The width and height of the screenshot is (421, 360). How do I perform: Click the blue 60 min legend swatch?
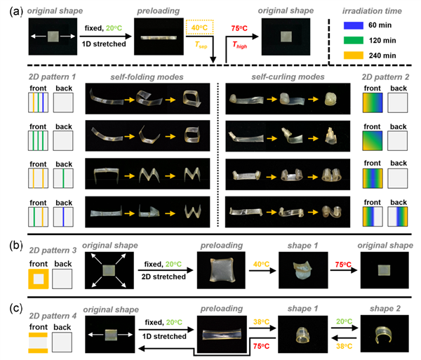pyautogui.click(x=354, y=25)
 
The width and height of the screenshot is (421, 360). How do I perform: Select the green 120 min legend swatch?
pyautogui.click(x=354, y=40)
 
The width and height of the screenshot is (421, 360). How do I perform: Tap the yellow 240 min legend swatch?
pyautogui.click(x=354, y=55)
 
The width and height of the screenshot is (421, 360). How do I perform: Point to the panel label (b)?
pyautogui.click(x=16, y=246)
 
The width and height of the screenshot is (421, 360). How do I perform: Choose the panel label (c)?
pyautogui.click(x=16, y=308)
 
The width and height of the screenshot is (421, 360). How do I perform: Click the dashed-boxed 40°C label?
pyautogui.click(x=199, y=27)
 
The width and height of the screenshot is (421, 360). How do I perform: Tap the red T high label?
pyautogui.click(x=239, y=45)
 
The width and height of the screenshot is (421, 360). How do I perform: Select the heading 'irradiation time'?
pyautogui.click(x=372, y=11)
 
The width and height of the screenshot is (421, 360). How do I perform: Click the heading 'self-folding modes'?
pyautogui.click(x=147, y=77)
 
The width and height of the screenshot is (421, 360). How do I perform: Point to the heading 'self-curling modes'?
pyautogui.click(x=288, y=77)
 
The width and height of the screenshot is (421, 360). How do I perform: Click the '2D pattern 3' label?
pyautogui.click(x=53, y=251)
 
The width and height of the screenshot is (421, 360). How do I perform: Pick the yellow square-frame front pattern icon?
pyautogui.click(x=39, y=279)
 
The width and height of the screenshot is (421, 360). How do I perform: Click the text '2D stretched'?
pyautogui.click(x=163, y=276)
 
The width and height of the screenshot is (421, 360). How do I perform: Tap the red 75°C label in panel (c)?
pyautogui.click(x=261, y=346)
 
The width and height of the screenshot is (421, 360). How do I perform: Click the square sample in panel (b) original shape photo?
pyautogui.click(x=109, y=270)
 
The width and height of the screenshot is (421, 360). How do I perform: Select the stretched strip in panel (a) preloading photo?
pyautogui.click(x=159, y=38)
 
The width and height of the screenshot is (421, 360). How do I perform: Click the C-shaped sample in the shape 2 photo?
pyautogui.click(x=385, y=334)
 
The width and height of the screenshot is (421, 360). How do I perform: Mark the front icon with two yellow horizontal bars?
pyautogui.click(x=39, y=343)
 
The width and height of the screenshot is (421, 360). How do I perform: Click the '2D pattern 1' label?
pyautogui.click(x=52, y=77)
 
